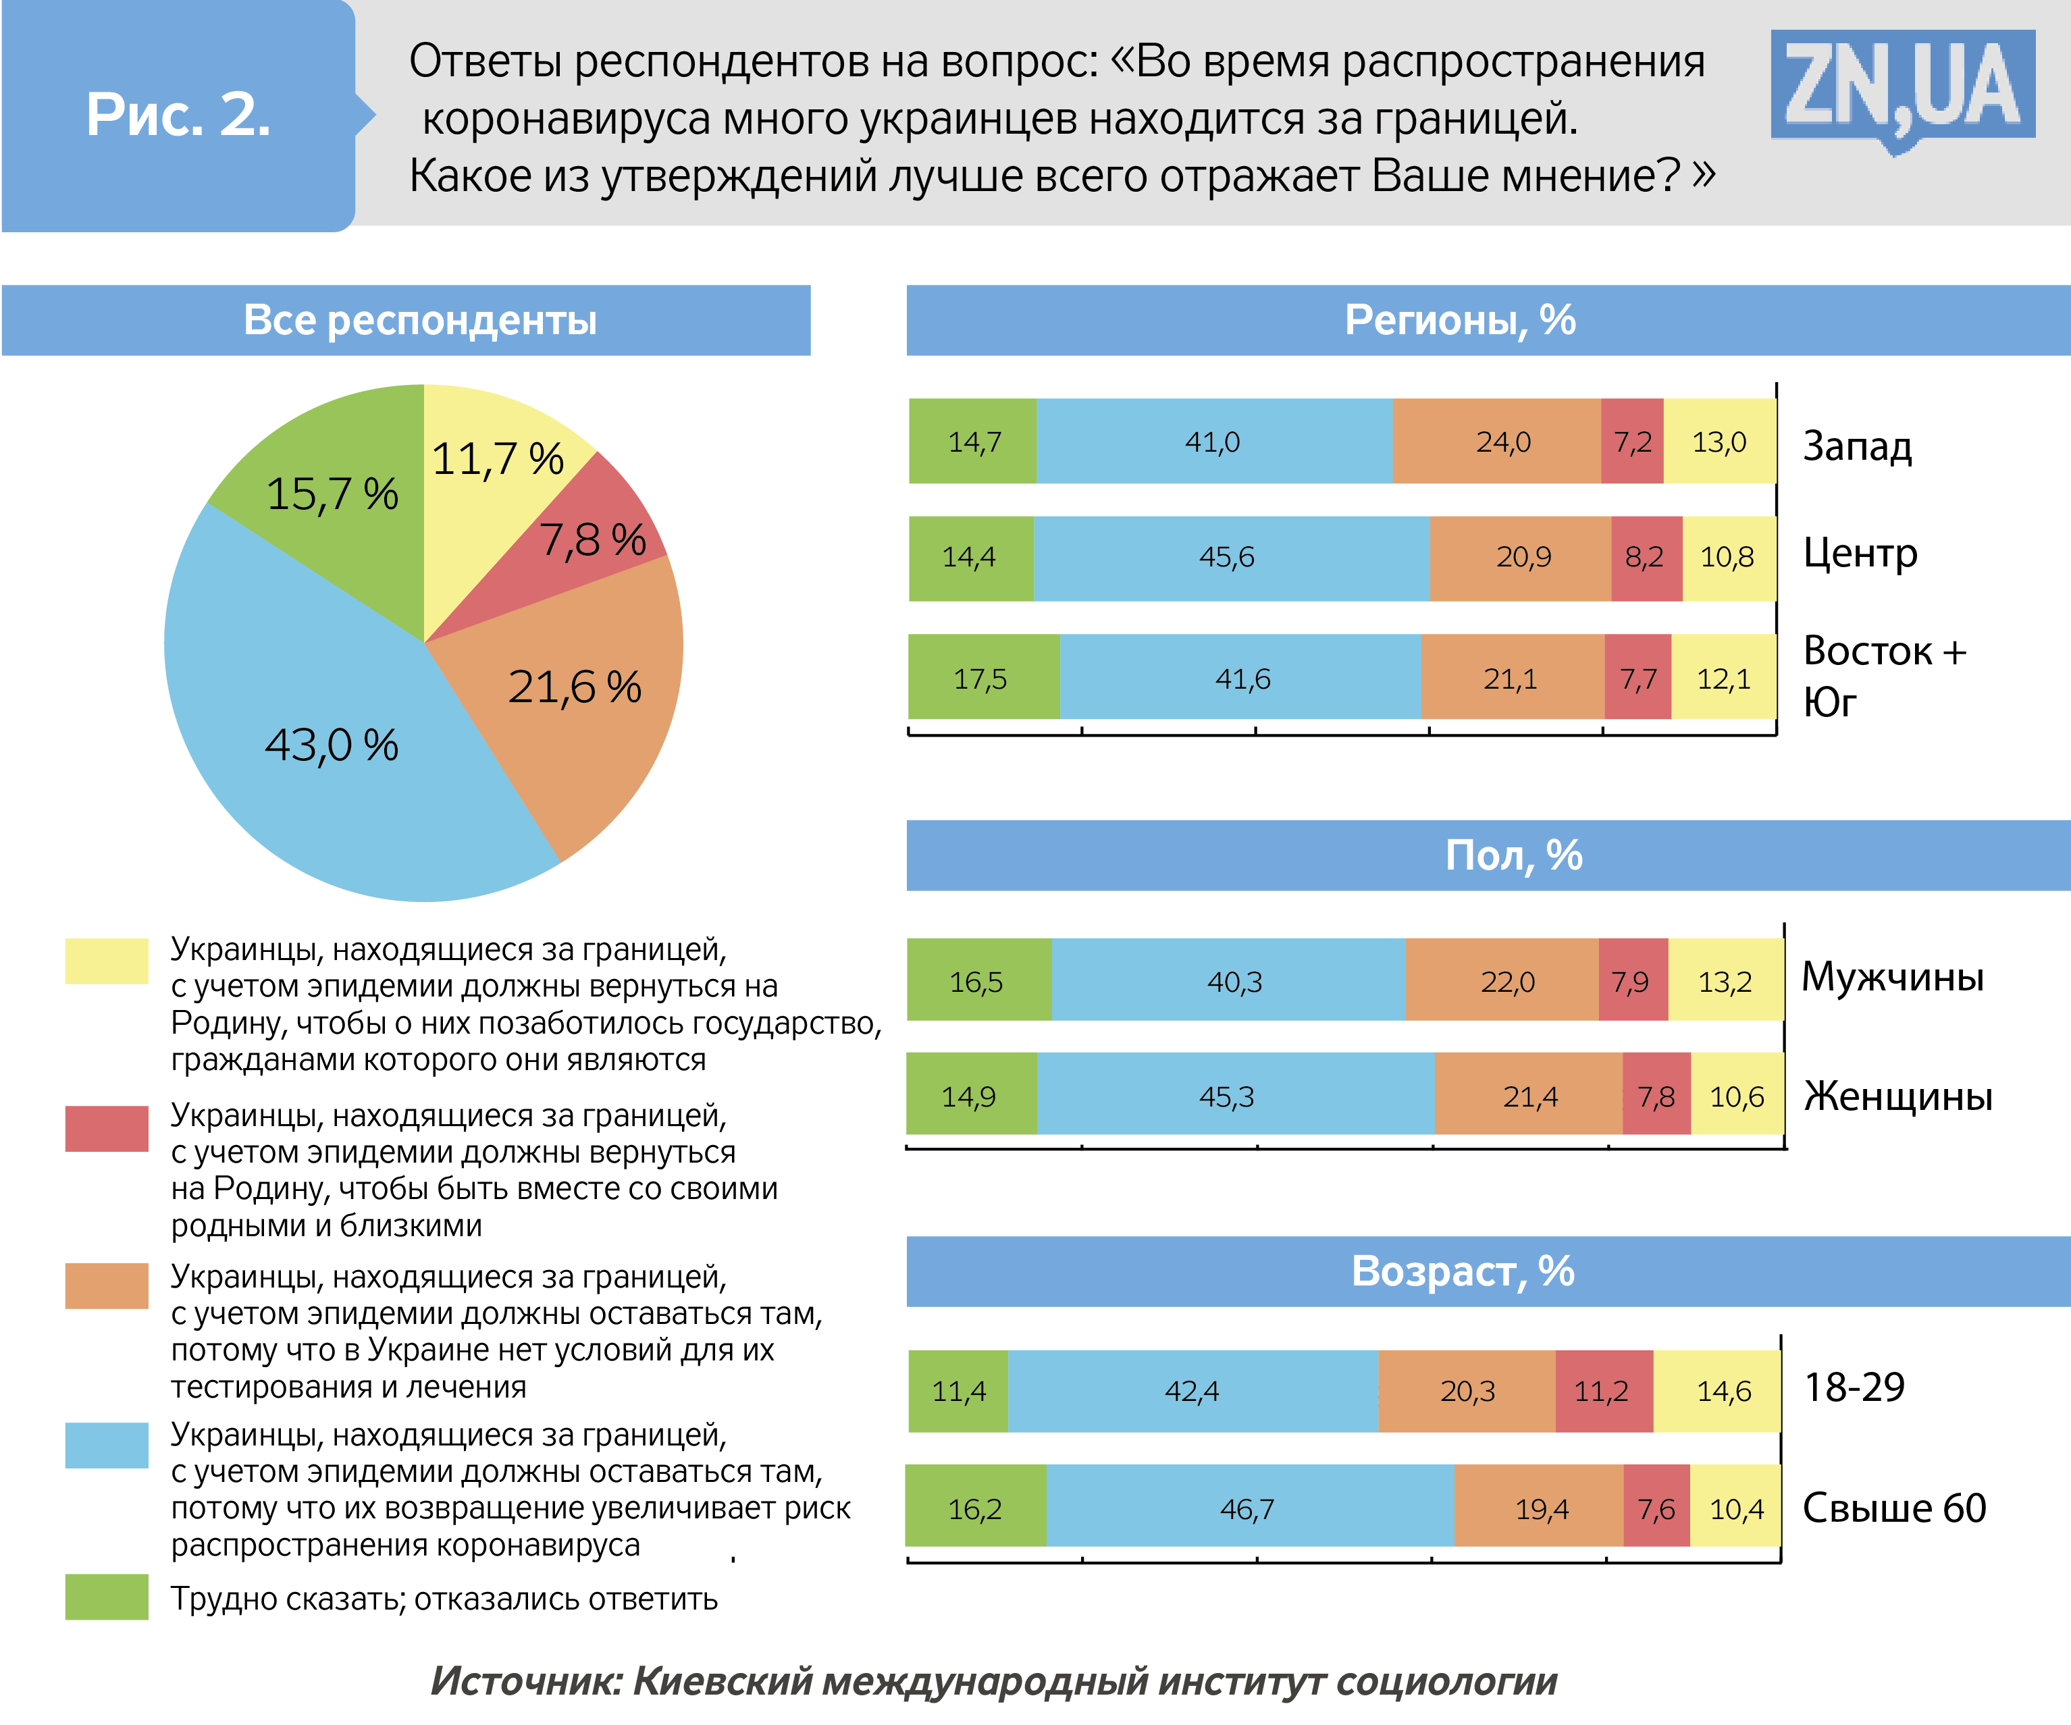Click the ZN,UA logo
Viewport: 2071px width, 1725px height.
1902,88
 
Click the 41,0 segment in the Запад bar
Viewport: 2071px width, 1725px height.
1213,441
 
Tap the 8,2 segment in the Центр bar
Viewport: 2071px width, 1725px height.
1645,557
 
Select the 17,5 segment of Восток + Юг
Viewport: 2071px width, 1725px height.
981,678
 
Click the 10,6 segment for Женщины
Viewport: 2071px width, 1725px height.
1737,1095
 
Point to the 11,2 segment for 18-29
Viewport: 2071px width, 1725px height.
1602,1391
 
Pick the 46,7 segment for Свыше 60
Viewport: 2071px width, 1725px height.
1248,1508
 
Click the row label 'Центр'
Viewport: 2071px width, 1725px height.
1860,554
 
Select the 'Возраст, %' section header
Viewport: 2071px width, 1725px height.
1463,1271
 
